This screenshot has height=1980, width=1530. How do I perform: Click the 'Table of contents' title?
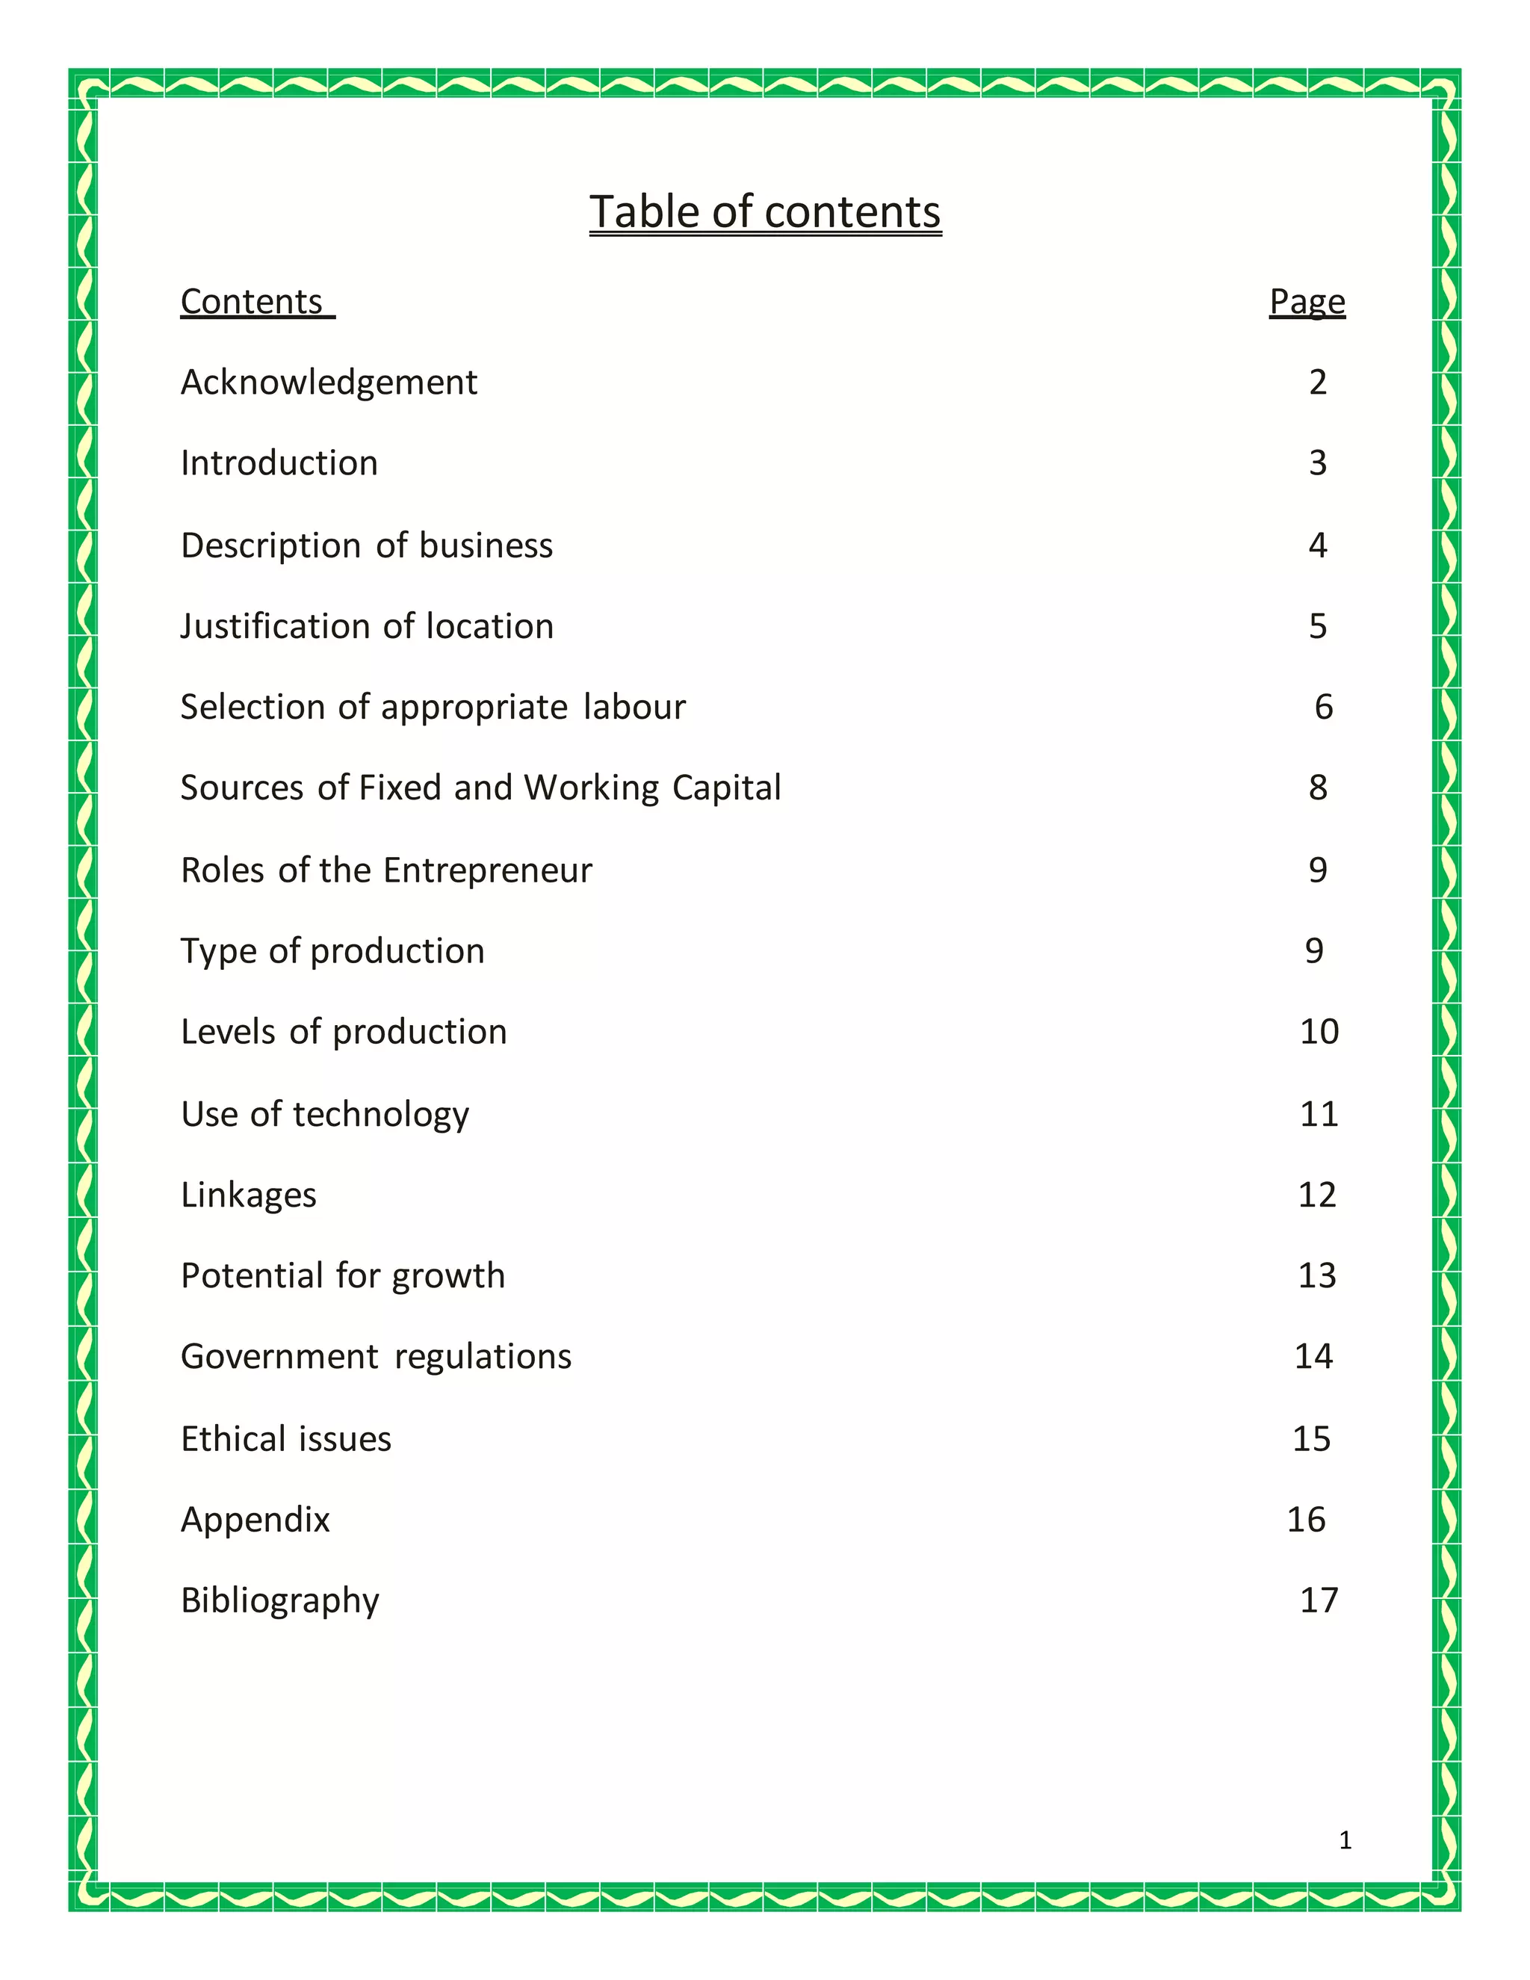click(765, 213)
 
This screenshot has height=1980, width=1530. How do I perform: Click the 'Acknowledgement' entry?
click(329, 383)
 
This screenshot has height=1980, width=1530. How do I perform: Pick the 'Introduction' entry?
click(279, 463)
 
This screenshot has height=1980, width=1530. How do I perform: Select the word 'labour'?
click(634, 707)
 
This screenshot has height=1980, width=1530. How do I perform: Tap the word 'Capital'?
click(727, 788)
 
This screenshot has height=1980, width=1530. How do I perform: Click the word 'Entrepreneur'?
click(488, 870)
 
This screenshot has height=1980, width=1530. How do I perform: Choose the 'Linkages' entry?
click(250, 1195)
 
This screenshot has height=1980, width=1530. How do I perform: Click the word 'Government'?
click(279, 1357)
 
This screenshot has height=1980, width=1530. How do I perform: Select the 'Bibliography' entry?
click(280, 1601)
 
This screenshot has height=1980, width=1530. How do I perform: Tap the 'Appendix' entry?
click(255, 1520)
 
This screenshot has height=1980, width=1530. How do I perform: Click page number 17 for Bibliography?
click(1319, 1600)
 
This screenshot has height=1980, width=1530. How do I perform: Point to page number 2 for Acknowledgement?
click(1318, 383)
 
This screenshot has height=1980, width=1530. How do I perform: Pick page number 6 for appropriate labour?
click(1323, 707)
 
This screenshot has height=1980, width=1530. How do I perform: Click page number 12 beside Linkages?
click(1317, 1195)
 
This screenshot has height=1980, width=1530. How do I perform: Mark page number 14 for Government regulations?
click(1313, 1356)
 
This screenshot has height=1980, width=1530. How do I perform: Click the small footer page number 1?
click(1345, 1840)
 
